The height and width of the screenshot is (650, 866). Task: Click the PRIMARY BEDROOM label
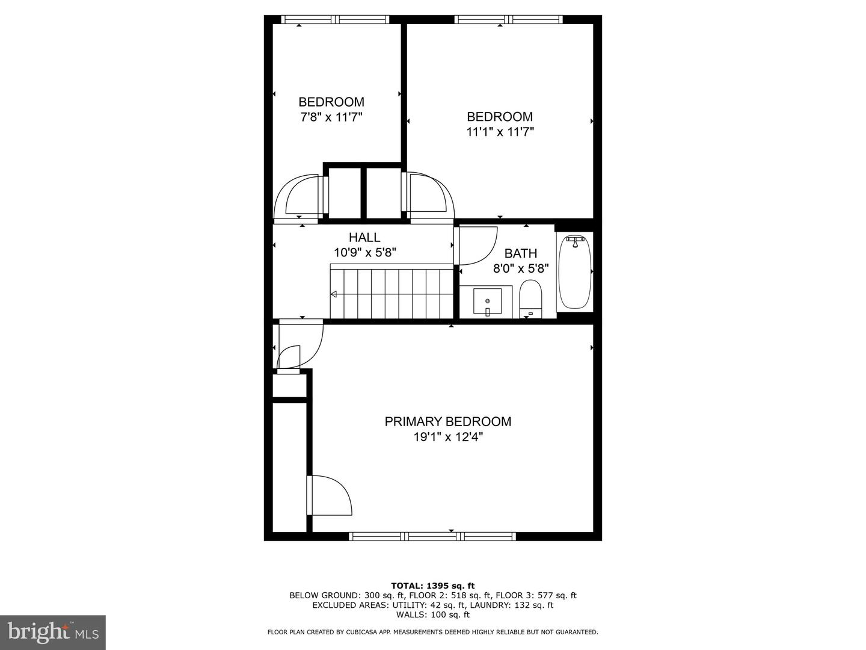click(x=448, y=421)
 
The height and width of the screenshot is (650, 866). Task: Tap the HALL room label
click(x=364, y=237)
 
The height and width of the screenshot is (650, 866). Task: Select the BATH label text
click(x=521, y=253)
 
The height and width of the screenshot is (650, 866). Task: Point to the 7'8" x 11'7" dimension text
click(x=331, y=117)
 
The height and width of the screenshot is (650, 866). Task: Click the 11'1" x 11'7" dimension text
click(x=500, y=131)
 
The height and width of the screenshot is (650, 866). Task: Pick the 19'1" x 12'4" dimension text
click(x=448, y=437)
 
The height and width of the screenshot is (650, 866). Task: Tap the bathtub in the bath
click(x=576, y=272)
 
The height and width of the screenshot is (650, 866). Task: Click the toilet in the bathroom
click(x=530, y=299)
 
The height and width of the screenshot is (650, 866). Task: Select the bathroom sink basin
click(x=488, y=301)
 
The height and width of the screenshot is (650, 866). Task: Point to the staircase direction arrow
click(x=334, y=294)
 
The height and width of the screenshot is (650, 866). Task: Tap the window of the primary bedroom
click(x=432, y=536)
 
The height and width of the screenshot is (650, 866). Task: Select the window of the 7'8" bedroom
click(x=335, y=19)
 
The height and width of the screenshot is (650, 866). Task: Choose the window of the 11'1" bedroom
click(x=509, y=19)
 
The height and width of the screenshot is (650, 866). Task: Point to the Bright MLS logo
click(x=53, y=633)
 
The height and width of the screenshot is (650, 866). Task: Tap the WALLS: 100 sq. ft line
click(x=433, y=614)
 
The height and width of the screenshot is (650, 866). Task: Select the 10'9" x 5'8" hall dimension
click(x=365, y=252)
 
